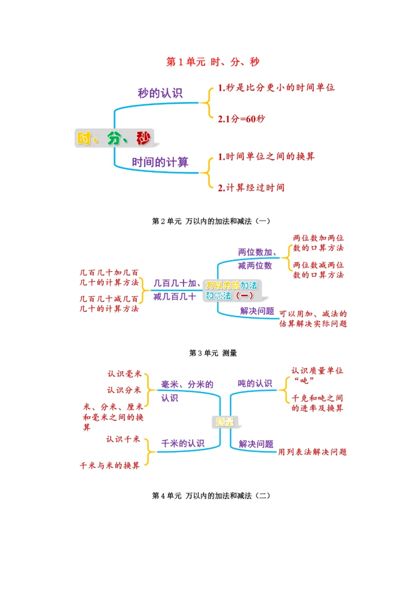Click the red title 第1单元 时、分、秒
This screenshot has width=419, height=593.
click(x=213, y=62)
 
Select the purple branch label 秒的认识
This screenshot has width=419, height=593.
click(x=160, y=93)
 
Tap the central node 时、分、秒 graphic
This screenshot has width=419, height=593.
click(x=113, y=138)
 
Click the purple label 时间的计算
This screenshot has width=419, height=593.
click(x=160, y=163)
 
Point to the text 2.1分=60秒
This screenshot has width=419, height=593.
click(x=241, y=118)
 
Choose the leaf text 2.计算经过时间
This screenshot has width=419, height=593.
click(x=251, y=187)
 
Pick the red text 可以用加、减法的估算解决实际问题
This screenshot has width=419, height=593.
click(x=313, y=319)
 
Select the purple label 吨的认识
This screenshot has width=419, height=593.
click(x=255, y=383)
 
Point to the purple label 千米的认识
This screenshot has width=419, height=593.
click(x=182, y=443)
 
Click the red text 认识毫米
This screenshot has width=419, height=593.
click(x=124, y=374)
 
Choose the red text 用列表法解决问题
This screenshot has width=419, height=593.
click(x=312, y=451)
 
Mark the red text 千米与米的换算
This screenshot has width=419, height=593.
click(x=109, y=465)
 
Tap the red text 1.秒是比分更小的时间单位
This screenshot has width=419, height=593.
click(x=276, y=87)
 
